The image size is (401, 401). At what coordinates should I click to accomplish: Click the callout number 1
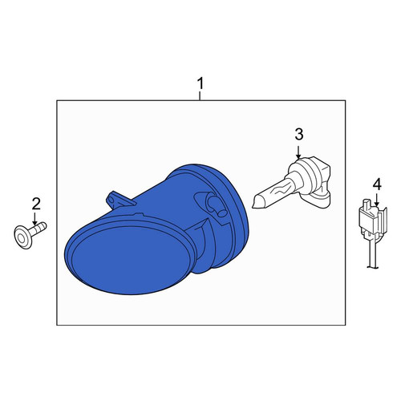click(x=200, y=83)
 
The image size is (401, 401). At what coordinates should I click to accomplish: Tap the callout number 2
click(x=36, y=204)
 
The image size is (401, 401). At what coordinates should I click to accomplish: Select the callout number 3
click(x=299, y=134)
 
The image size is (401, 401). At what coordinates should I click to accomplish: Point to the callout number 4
click(x=377, y=184)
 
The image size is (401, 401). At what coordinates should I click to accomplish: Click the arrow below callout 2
click(x=34, y=218)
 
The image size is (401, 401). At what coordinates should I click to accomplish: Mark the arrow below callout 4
click(x=376, y=200)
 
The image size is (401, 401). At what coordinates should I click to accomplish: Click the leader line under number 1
click(x=200, y=96)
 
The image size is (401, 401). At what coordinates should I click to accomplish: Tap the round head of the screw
click(x=23, y=237)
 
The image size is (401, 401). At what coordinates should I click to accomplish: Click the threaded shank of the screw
click(x=39, y=229)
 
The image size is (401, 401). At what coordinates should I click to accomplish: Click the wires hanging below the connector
click(x=373, y=254)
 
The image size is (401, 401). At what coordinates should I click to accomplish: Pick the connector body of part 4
click(x=373, y=220)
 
